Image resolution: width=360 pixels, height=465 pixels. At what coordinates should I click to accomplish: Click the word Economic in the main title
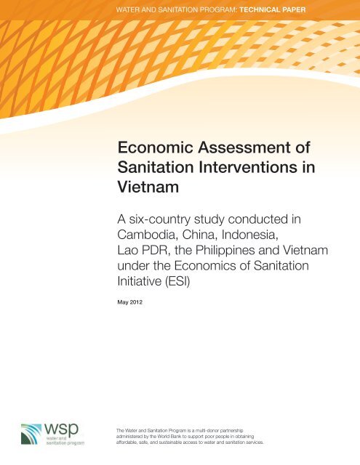pyautogui.click(x=155, y=147)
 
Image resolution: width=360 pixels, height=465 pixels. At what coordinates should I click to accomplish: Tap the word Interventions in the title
pyautogui.click(x=248, y=167)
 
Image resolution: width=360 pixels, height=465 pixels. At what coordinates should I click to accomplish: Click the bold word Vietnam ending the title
pyautogui.click(x=148, y=187)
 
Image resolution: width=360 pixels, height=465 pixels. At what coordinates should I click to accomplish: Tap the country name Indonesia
pyautogui.click(x=250, y=235)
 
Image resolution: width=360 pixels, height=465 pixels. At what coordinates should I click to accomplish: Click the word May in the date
pyautogui.click(x=123, y=302)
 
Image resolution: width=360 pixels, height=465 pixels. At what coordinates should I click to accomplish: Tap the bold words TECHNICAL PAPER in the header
pyautogui.click(x=273, y=9)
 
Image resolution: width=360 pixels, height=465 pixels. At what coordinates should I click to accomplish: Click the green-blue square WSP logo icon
pyautogui.click(x=31, y=434)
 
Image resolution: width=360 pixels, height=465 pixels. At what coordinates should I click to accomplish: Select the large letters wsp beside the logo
pyautogui.click(x=61, y=429)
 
